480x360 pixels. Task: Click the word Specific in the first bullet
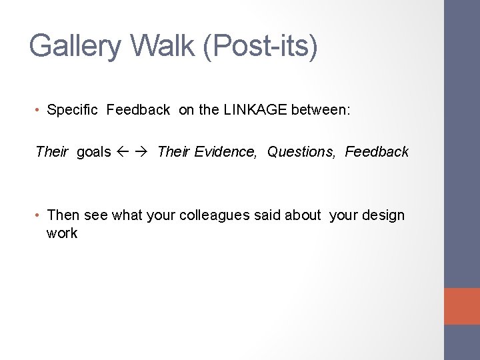[73, 111]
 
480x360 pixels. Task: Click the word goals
[93, 152]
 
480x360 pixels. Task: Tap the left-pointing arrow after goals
[125, 152]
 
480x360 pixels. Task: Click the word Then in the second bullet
[63, 215]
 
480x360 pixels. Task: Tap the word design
[381, 215]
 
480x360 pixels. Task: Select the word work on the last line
[62, 233]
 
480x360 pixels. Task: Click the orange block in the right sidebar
[462, 306]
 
